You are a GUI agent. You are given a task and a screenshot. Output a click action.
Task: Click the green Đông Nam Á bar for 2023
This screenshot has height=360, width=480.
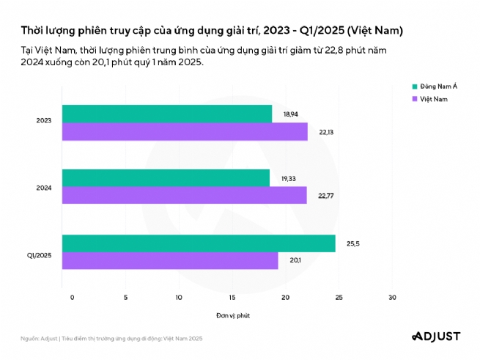166,114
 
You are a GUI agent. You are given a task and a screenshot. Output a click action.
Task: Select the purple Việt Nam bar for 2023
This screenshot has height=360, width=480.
185,131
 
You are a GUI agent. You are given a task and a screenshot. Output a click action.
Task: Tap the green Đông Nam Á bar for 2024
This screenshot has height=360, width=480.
166,178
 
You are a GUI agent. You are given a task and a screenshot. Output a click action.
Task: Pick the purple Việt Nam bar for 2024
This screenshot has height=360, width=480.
184,195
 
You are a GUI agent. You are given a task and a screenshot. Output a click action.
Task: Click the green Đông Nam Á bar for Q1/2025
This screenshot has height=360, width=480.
199,243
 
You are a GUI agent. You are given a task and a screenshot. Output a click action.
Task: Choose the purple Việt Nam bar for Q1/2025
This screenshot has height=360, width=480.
170,260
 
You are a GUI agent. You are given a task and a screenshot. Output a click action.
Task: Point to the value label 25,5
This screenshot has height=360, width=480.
352,243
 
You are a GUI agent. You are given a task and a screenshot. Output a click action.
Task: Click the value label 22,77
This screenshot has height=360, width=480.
325,195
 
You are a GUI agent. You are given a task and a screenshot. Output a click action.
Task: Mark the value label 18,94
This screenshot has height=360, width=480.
289,114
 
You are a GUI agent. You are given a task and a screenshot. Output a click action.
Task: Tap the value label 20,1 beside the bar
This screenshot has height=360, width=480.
295,260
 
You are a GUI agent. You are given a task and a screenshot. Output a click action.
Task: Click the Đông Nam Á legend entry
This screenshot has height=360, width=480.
435,87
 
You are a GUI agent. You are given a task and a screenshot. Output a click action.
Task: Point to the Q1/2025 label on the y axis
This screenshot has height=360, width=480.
39,254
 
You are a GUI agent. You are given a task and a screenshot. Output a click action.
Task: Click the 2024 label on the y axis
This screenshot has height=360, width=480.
43,188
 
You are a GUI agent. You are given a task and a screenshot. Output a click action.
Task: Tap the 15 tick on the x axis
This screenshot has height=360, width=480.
232,297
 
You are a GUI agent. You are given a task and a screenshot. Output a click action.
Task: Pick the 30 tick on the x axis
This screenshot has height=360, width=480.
392,297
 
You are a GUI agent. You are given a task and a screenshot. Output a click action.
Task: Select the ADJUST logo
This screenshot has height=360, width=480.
435,337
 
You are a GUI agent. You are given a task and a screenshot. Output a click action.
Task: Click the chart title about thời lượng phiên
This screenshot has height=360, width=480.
212,31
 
